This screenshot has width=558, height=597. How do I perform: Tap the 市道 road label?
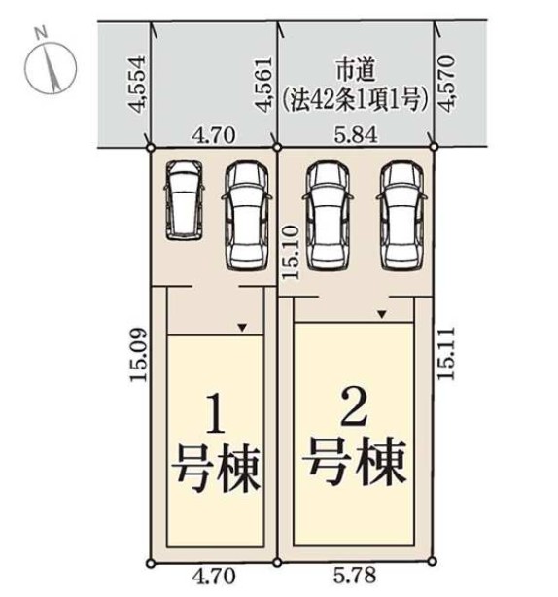(x=356, y=71)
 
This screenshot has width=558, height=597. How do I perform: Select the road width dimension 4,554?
(x=137, y=85)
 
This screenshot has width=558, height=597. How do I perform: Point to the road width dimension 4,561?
(x=263, y=85)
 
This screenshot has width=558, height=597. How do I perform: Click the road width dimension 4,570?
(x=446, y=84)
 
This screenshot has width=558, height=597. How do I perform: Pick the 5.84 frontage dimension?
(x=356, y=135)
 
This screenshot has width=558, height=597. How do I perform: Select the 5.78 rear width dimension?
(x=355, y=575)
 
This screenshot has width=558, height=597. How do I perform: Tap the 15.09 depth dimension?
(x=138, y=355)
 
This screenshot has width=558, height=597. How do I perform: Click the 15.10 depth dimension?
(x=290, y=252)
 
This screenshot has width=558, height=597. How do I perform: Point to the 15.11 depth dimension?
(x=445, y=353)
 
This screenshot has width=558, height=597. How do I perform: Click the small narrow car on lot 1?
(x=185, y=200)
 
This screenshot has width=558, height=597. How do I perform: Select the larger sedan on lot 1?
(x=247, y=216)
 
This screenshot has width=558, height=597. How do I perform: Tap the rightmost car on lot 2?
(x=401, y=216)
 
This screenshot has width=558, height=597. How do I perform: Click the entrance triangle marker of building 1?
(x=242, y=328)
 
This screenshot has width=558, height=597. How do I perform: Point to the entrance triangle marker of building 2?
(x=382, y=314)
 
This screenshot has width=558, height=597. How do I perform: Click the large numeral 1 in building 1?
(x=216, y=413)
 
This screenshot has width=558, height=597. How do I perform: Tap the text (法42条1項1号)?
(x=356, y=100)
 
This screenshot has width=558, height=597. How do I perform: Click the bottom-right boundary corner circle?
(x=432, y=561)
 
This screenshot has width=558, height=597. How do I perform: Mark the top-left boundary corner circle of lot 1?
(x=151, y=148)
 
